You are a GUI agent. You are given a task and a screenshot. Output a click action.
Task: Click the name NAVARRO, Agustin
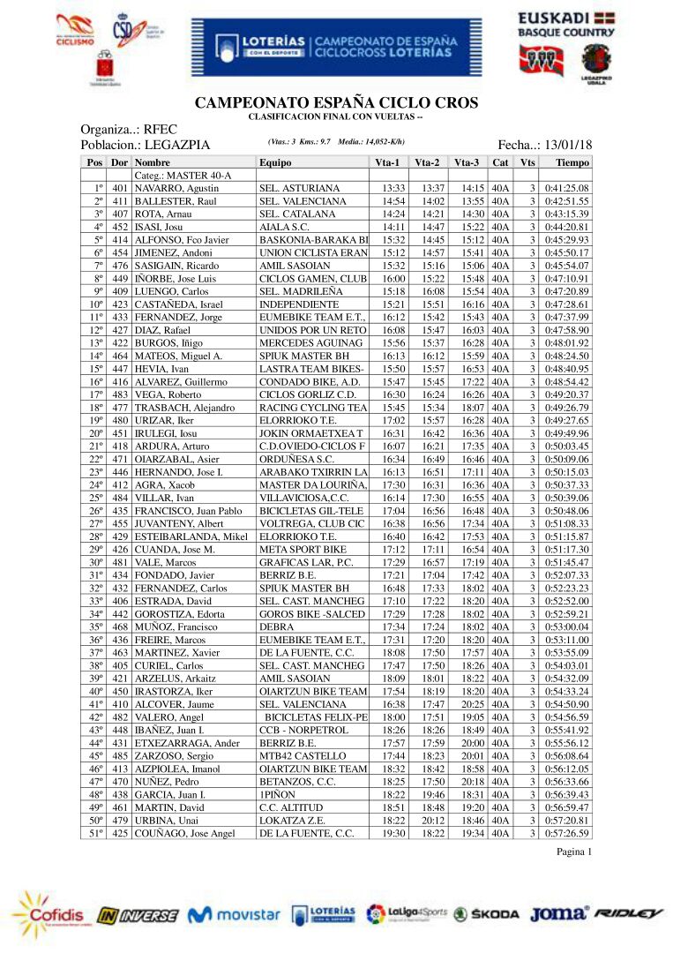(176, 188)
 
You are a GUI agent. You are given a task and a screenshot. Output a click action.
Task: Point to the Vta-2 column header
(428, 162)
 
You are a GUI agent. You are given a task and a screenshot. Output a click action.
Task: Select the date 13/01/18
(569, 145)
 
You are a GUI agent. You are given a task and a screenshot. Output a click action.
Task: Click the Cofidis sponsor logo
(49, 912)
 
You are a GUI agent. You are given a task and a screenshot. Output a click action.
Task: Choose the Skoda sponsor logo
(487, 915)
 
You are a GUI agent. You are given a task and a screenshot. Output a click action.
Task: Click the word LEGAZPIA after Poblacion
(171, 145)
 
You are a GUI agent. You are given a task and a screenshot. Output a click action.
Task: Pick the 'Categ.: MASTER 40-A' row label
(183, 176)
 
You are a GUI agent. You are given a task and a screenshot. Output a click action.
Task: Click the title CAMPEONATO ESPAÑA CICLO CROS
(336, 103)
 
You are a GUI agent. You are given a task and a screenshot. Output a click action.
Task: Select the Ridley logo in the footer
(629, 913)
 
